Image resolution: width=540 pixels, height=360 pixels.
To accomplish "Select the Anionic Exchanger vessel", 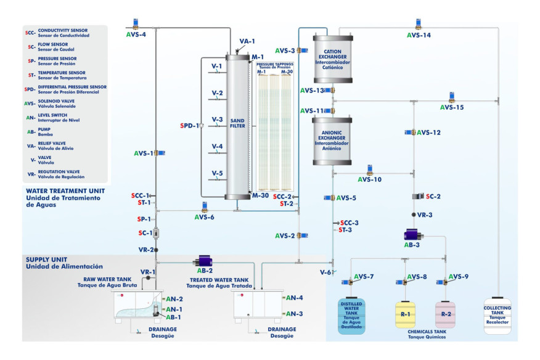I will click(333, 141).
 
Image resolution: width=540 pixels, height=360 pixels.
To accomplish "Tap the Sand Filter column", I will click(237, 126).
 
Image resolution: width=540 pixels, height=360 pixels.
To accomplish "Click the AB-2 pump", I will click(203, 261).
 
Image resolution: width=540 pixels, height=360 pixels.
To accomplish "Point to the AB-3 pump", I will click(412, 235).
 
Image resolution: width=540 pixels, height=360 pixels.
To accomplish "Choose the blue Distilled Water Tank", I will click(352, 316).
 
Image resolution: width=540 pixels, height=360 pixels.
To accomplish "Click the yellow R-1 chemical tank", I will click(406, 315).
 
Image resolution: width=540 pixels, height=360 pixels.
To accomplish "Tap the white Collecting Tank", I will click(497, 316).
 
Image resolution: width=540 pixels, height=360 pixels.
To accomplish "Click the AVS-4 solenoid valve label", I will click(136, 35).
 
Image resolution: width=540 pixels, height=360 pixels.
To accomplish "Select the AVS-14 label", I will click(419, 35).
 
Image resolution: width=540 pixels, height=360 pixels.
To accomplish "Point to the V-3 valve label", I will click(217, 120).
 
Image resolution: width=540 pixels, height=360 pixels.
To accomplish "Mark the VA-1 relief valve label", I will click(247, 41).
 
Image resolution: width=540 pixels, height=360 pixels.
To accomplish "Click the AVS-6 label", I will click(205, 218).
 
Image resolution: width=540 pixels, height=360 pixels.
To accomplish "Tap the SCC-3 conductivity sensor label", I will click(349, 223).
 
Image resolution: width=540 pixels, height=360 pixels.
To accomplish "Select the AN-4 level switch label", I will click(295, 298).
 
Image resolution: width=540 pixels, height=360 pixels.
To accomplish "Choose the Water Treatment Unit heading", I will click(66, 191).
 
